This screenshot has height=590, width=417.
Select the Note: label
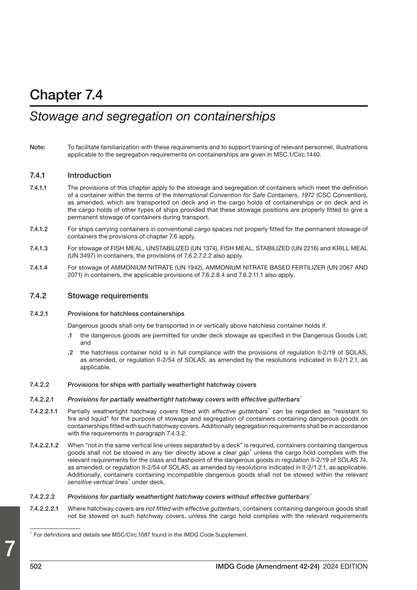pyautogui.click(x=37, y=147)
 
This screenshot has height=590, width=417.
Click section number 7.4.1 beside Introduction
pyautogui.click(x=39, y=176)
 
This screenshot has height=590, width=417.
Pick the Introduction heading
pyautogui.click(x=89, y=176)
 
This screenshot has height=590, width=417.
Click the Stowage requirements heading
pyautogui.click(x=108, y=296)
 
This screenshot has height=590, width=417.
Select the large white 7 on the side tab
pyautogui.click(x=9, y=549)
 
